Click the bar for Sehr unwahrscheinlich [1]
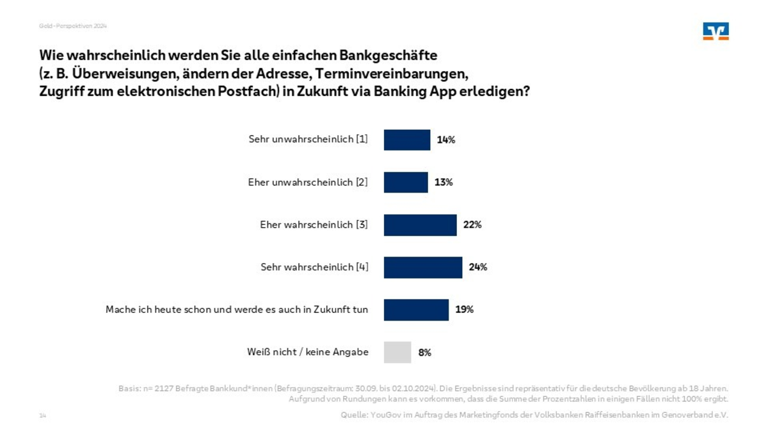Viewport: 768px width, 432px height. tap(407, 140)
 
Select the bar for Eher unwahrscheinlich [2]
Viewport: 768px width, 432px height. tap(406, 182)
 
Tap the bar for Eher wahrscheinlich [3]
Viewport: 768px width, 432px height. tap(420, 225)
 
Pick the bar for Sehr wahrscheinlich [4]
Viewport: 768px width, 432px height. tap(423, 268)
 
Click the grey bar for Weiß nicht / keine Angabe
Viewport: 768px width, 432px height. tap(397, 352)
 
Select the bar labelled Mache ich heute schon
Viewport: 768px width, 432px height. tap(416, 310)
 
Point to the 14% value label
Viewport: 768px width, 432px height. tap(446, 140)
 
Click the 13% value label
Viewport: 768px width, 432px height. tap(444, 182)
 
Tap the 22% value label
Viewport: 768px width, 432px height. tap(472, 225)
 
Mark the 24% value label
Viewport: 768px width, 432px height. tap(477, 268)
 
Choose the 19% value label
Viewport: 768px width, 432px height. tap(464, 310)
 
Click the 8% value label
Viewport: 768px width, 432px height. tap(424, 352)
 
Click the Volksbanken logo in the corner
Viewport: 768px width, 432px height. tap(716, 31)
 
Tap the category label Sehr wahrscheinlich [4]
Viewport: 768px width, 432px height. tap(314, 268)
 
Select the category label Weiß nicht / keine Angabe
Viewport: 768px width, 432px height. tap(307, 352)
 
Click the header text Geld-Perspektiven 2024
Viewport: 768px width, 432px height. tap(72, 26)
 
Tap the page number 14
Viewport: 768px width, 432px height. tap(43, 416)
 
